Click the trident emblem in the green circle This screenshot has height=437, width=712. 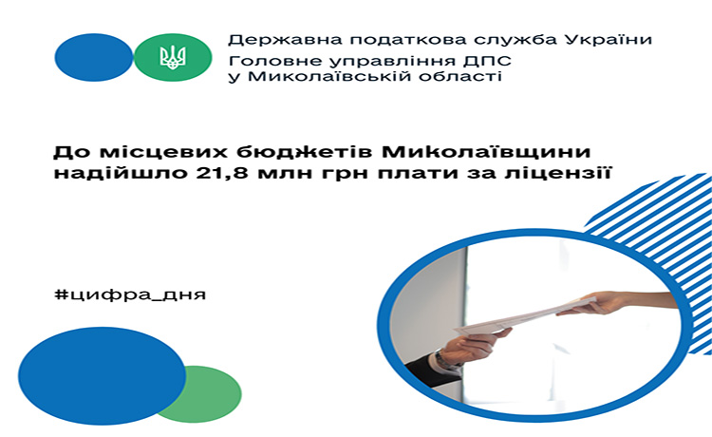(x=173, y=57)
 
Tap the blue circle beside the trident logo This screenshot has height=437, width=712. (x=94, y=57)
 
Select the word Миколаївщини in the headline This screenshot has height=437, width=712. (x=486, y=152)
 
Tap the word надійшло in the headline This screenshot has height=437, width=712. (x=121, y=173)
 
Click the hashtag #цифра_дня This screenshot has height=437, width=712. (x=130, y=294)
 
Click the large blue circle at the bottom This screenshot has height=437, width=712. (x=103, y=375)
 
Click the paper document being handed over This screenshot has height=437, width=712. (x=522, y=316)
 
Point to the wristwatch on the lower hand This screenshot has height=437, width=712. (x=442, y=359)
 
